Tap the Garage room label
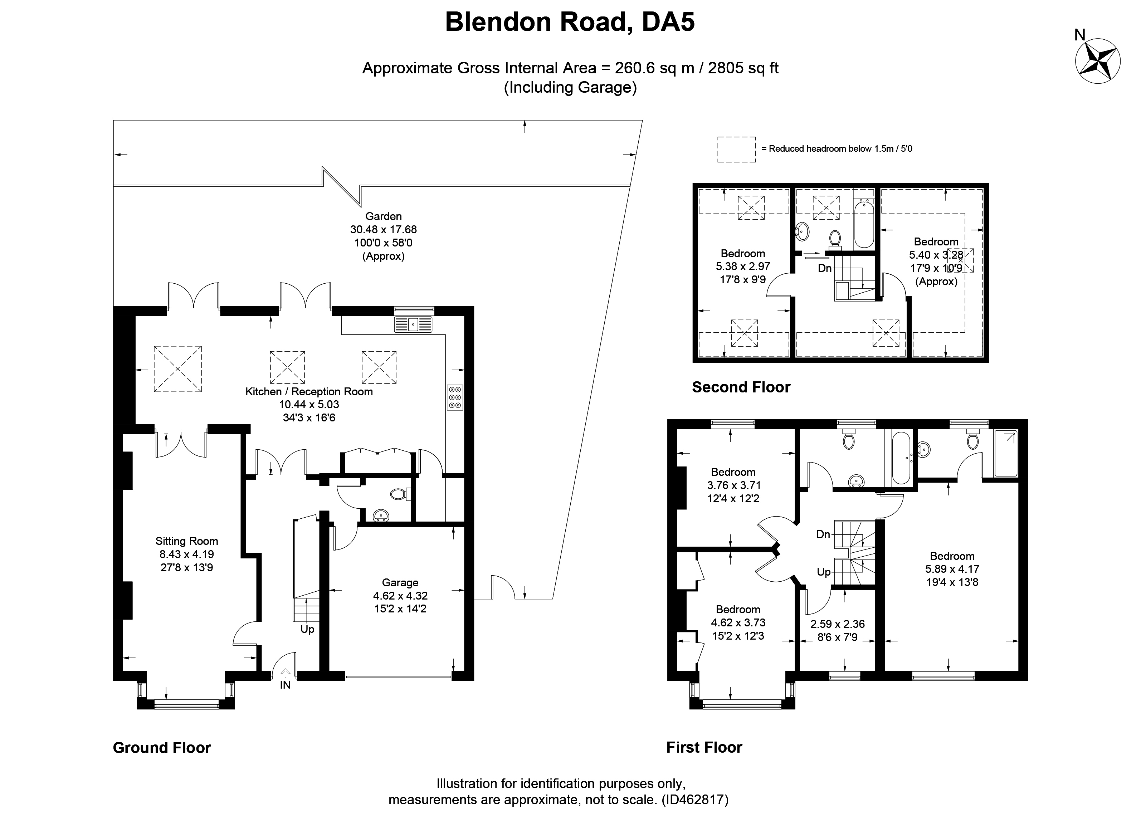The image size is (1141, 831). [400, 582]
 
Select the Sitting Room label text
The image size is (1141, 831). [187, 541]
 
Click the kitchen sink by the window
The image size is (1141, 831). [413, 324]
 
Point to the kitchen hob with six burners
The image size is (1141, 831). [455, 397]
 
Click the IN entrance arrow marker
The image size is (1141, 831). [285, 672]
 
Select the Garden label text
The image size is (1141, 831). [383, 216]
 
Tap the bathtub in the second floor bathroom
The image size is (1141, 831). [864, 223]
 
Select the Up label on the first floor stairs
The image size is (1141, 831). [824, 572]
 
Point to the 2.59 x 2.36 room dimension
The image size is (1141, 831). [838, 624]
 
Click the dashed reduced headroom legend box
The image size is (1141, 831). [737, 150]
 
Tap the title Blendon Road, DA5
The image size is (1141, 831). [570, 22]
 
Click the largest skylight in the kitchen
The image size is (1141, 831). [177, 369]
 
